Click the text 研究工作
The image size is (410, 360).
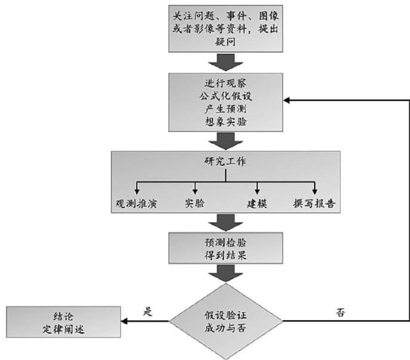point(224,161)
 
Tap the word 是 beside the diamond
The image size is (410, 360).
point(149,311)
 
